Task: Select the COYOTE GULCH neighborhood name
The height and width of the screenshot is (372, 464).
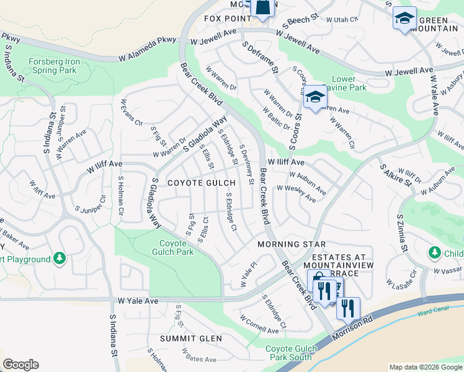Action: [x=201, y=183]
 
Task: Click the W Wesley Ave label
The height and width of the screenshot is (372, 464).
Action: [x=301, y=193]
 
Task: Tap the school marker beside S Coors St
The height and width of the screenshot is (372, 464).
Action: [x=315, y=97]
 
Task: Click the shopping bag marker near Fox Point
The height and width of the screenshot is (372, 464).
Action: [x=262, y=7]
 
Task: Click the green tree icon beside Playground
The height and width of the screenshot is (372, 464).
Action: [x=59, y=257]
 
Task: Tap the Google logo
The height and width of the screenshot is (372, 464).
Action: [x=20, y=365]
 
